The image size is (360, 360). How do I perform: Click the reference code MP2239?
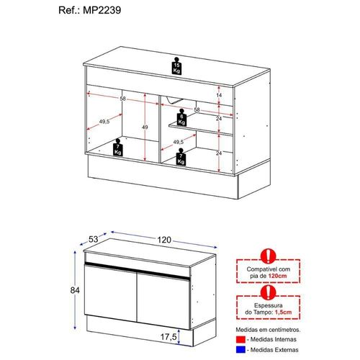102,10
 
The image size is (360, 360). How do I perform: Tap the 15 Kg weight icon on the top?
176,66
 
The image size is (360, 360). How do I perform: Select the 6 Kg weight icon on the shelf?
181,117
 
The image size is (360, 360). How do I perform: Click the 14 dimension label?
219,95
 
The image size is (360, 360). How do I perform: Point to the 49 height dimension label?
145,127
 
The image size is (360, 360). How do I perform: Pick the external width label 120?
164,240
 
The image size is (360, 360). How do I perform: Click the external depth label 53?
94,239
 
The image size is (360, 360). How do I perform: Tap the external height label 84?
75,290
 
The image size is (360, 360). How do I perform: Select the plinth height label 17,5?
168,337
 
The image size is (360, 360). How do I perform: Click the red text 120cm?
277,276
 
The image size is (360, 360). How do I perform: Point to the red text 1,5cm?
283,312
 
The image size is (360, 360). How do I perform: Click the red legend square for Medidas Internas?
240,339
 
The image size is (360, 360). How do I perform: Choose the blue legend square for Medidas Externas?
240,350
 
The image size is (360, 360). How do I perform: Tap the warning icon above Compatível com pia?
269,256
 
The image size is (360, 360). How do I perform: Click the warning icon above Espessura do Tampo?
269,292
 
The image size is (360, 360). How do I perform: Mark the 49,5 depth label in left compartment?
104,122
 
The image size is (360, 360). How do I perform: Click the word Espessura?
269,305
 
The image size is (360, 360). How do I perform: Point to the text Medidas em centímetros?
268,330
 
